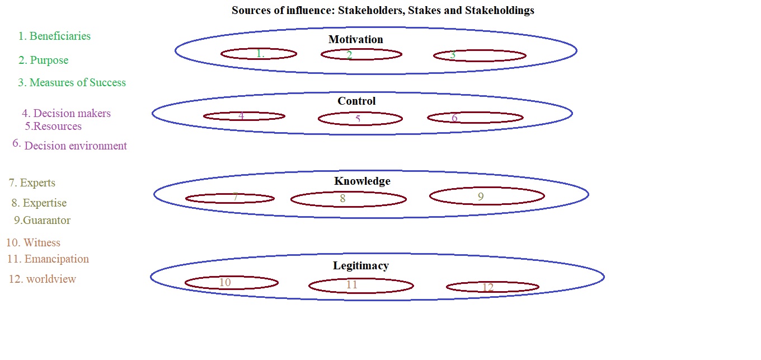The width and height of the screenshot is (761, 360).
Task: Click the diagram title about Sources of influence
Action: click(x=383, y=11)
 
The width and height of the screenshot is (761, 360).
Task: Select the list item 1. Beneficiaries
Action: click(x=54, y=36)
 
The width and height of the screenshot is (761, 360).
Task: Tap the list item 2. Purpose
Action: click(x=44, y=60)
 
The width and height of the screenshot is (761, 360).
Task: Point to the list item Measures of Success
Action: click(x=72, y=82)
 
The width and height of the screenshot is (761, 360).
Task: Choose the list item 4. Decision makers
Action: click(x=67, y=114)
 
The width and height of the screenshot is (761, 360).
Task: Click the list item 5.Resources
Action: click(x=54, y=126)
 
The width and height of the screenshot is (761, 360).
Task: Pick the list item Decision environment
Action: click(x=75, y=146)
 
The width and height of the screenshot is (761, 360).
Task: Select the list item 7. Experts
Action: click(x=32, y=183)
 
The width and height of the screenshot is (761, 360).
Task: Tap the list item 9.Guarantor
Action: click(x=43, y=220)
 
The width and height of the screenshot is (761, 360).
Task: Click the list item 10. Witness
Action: click(x=34, y=242)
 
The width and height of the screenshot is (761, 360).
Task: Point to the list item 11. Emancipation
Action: click(x=48, y=259)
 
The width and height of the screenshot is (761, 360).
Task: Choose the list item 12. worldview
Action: click(x=43, y=279)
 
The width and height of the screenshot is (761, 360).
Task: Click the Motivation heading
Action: click(x=356, y=39)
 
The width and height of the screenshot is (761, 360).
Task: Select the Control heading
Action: click(x=356, y=101)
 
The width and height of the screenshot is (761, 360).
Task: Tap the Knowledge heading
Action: click(x=362, y=181)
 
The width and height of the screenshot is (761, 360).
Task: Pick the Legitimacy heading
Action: click(x=361, y=265)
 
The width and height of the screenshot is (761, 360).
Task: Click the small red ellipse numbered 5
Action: click(x=360, y=119)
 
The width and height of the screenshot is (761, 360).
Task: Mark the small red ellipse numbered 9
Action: click(x=487, y=196)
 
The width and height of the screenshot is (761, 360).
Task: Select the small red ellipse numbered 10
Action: click(x=231, y=283)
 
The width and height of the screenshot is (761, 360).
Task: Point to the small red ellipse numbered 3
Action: click(x=480, y=55)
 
